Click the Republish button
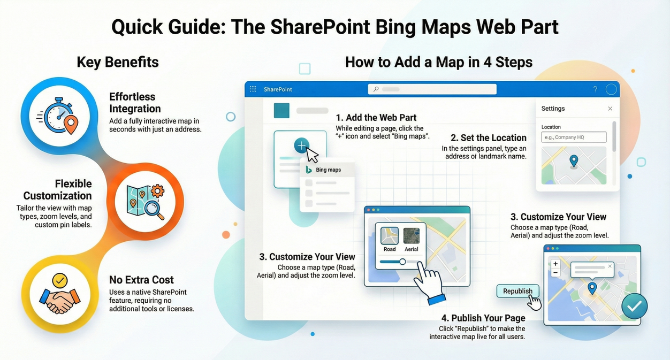coord(517,292)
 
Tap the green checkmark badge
coord(634,306)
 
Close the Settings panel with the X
coord(610,109)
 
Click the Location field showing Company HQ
coord(574,137)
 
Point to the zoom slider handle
coord(402,262)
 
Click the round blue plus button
coord(301,145)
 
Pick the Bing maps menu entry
coord(328,170)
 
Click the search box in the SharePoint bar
coord(432,89)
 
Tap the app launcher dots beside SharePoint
coord(253,89)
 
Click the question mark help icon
coord(595,89)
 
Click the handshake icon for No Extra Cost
coord(60,296)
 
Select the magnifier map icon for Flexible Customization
coord(144,202)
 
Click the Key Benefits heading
coord(118,62)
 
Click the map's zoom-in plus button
coord(555,264)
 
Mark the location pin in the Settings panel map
coord(574,160)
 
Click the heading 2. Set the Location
coord(488,138)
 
